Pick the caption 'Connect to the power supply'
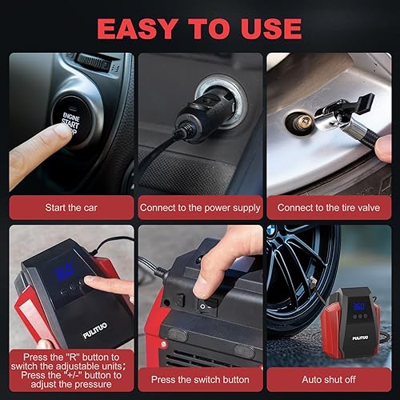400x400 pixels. [200, 207]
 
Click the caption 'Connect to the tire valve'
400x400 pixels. [330, 207]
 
